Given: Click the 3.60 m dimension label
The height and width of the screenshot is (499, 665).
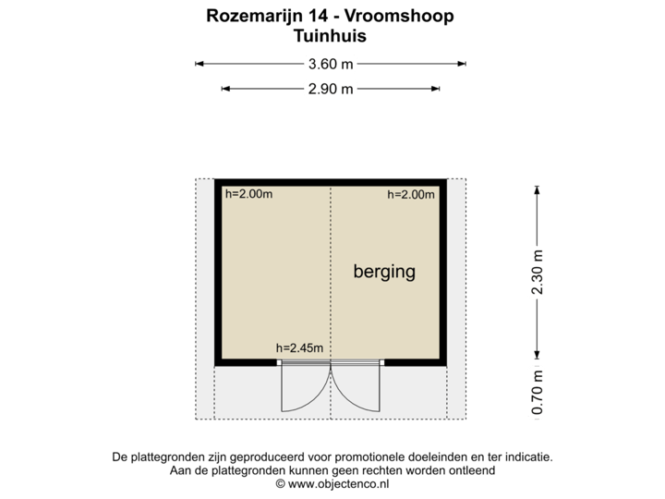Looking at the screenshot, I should [x=331, y=65].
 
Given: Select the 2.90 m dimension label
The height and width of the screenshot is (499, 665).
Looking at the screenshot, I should [x=331, y=89].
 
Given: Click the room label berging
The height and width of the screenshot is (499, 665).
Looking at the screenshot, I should [x=384, y=272].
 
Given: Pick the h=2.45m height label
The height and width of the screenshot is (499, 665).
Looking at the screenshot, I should [x=300, y=347].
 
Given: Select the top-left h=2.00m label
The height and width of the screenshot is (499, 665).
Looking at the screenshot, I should [x=249, y=194].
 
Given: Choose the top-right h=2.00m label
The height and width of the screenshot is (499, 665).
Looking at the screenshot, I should [x=410, y=194].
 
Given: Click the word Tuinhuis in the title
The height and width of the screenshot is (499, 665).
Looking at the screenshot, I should [x=329, y=37].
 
